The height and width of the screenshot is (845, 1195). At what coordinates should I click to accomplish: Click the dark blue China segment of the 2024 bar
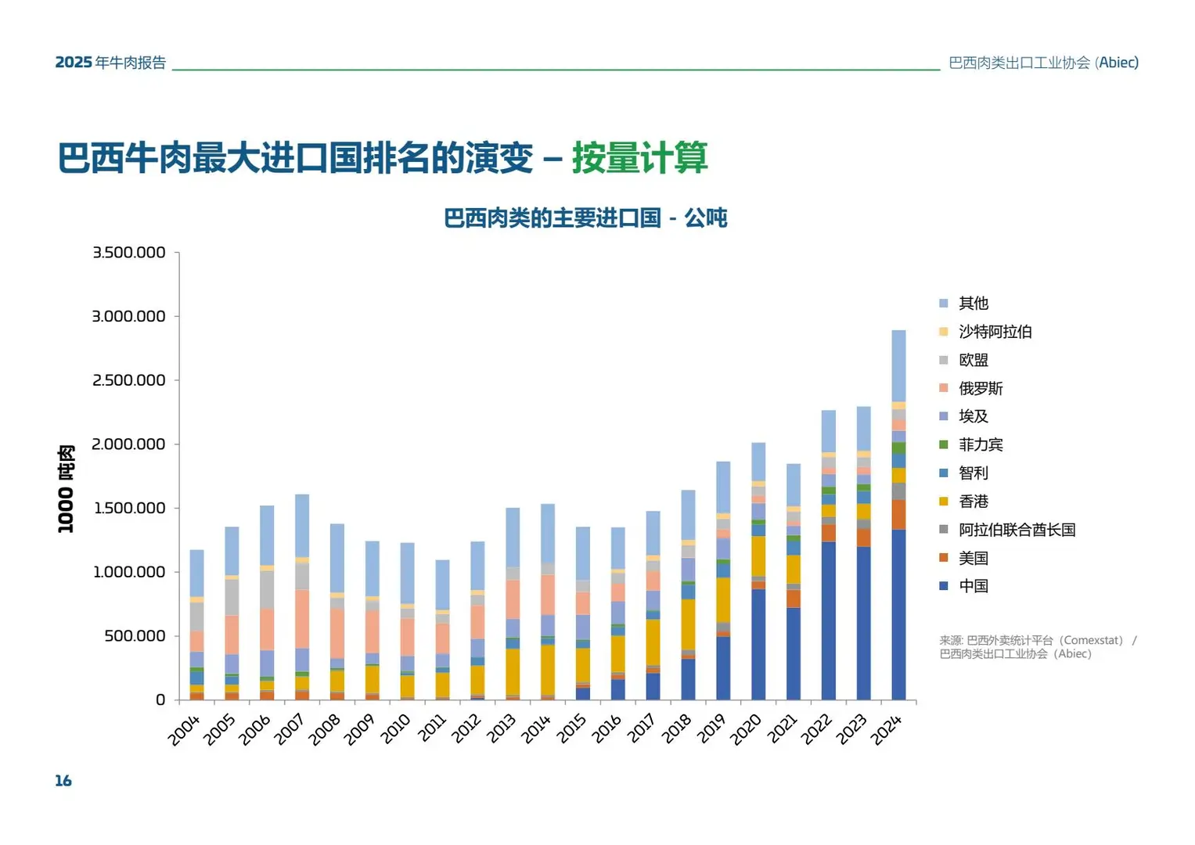(898, 614)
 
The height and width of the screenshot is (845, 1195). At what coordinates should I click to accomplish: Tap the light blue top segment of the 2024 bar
(898, 365)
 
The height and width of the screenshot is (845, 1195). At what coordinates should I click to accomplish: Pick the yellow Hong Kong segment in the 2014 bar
(548, 669)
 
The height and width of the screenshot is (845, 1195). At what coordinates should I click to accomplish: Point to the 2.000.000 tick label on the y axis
(129, 444)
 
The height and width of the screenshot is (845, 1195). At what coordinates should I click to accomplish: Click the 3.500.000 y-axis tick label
(129, 253)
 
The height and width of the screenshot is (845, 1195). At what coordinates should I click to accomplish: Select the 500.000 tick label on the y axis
(135, 636)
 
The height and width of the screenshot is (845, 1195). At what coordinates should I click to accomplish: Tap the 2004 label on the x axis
(185, 729)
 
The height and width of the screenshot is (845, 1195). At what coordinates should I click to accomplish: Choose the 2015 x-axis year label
(571, 729)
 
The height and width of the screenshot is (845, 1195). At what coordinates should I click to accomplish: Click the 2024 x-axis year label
(887, 729)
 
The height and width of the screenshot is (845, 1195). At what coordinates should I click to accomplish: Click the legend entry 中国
(974, 586)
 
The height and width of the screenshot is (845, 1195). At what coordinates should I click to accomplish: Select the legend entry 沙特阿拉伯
(995, 332)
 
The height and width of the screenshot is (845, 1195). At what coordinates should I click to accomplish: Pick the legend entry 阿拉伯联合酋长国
(1017, 530)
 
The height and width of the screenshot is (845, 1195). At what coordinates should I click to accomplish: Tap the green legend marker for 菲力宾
(944, 444)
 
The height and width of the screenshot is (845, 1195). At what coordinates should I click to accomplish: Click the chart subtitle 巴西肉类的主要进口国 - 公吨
(585, 218)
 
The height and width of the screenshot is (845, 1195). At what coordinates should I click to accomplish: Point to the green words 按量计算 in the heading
(639, 158)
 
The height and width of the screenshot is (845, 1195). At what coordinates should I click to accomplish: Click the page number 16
(63, 780)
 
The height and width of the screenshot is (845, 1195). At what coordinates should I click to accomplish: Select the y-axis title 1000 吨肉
(66, 489)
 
